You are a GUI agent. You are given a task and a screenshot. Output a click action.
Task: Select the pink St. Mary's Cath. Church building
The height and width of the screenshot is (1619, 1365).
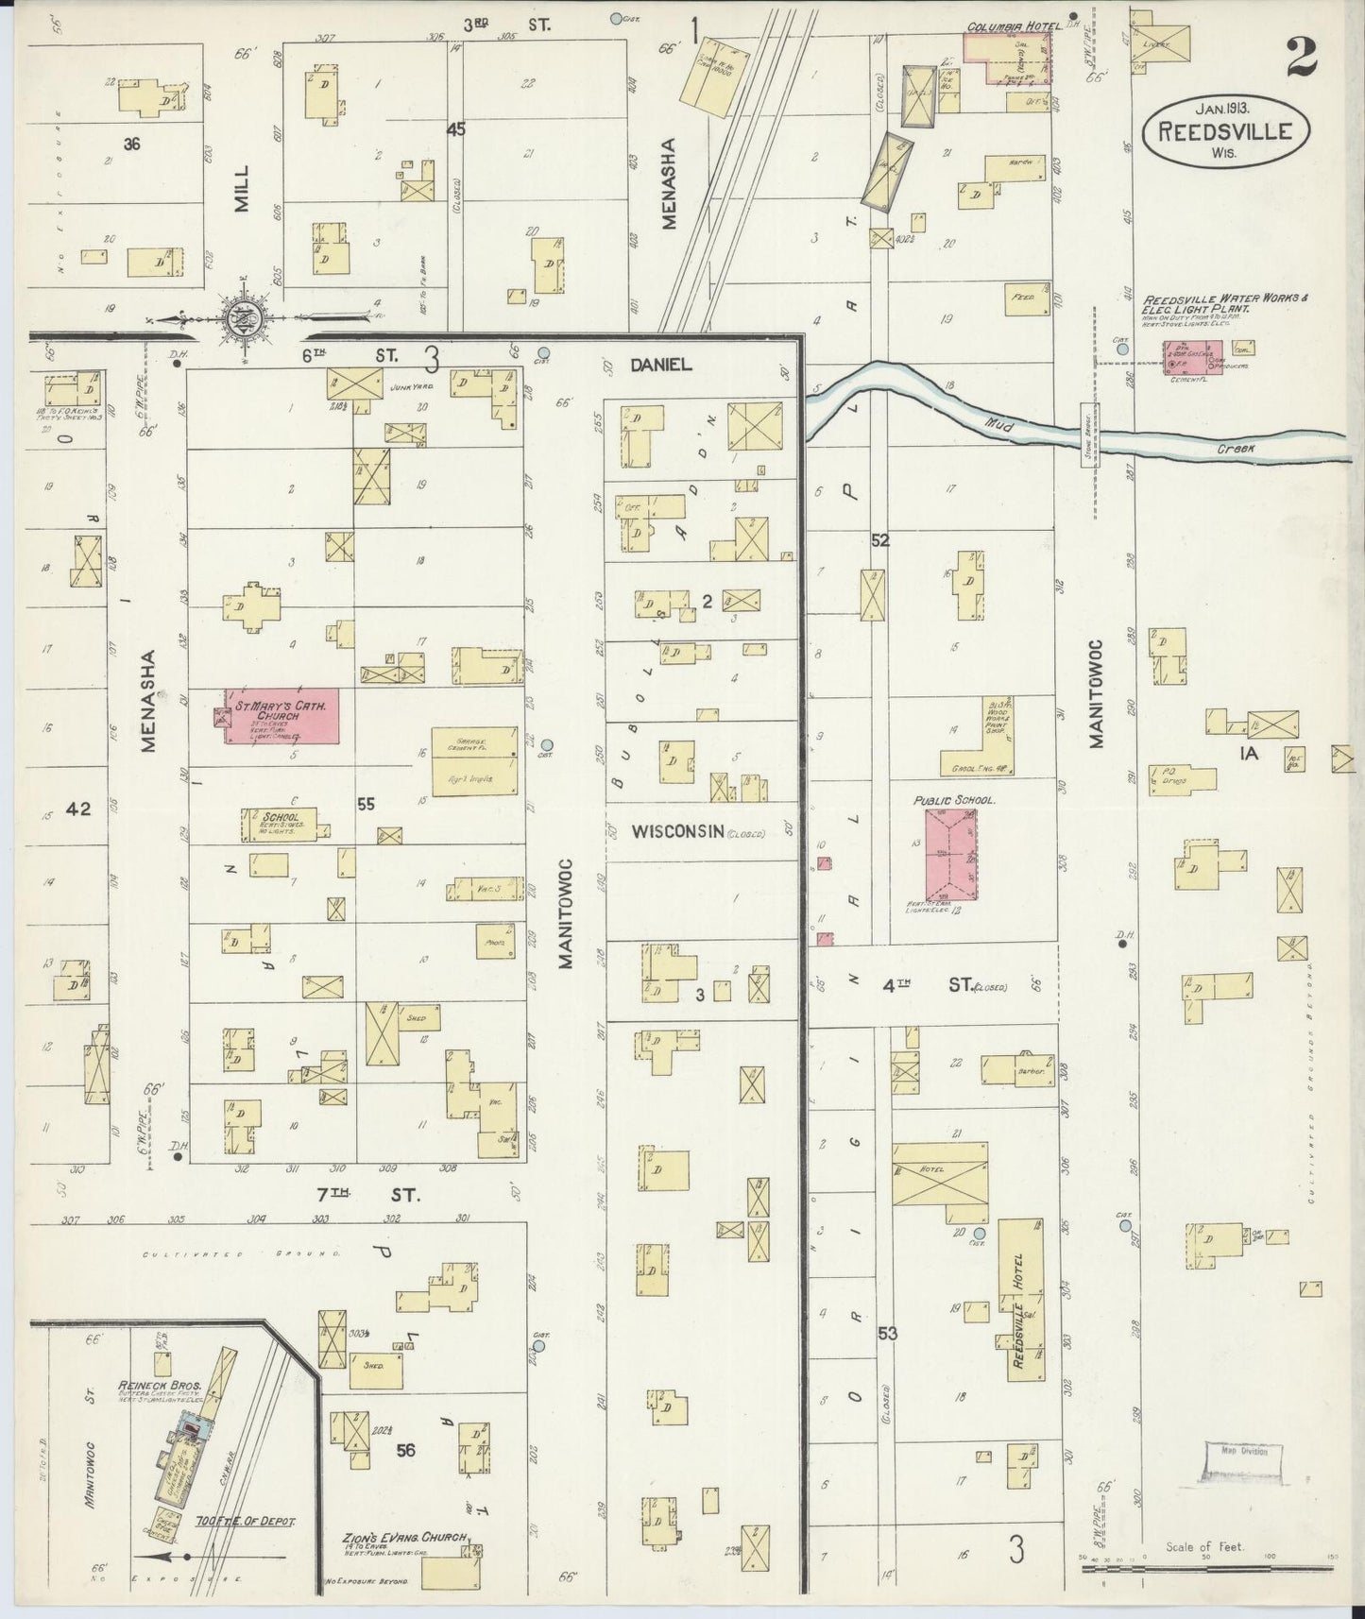282,715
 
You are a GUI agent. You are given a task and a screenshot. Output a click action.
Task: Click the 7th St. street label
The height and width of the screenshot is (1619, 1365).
367,1194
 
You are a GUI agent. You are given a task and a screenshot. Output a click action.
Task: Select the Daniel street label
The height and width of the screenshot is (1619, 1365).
662,365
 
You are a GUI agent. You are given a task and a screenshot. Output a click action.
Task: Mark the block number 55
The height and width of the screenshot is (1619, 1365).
366,804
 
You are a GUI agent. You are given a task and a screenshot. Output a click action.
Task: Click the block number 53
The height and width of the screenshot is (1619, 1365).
887,1334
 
